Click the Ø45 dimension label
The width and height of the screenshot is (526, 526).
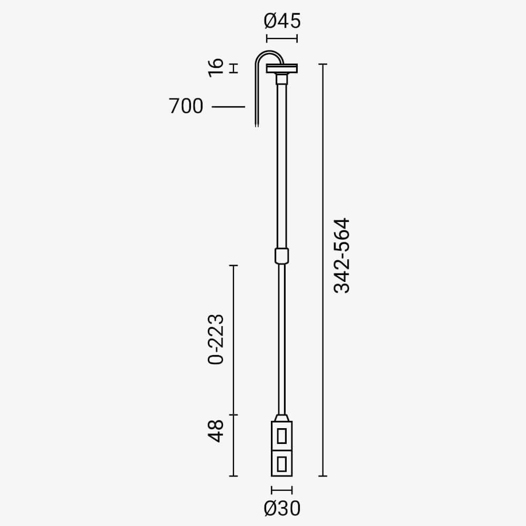282,21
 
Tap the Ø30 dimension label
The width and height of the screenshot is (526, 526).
282,508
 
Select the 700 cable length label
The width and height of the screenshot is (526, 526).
186,106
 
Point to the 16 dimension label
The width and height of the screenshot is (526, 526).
216,68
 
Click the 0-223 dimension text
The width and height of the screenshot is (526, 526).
216,339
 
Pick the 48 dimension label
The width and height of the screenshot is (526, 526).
216,431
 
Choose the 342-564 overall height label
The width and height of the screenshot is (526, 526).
342,256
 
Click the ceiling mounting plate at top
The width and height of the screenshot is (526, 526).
282,68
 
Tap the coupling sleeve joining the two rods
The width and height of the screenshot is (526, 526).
282,256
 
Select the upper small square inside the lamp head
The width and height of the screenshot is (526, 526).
282,436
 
